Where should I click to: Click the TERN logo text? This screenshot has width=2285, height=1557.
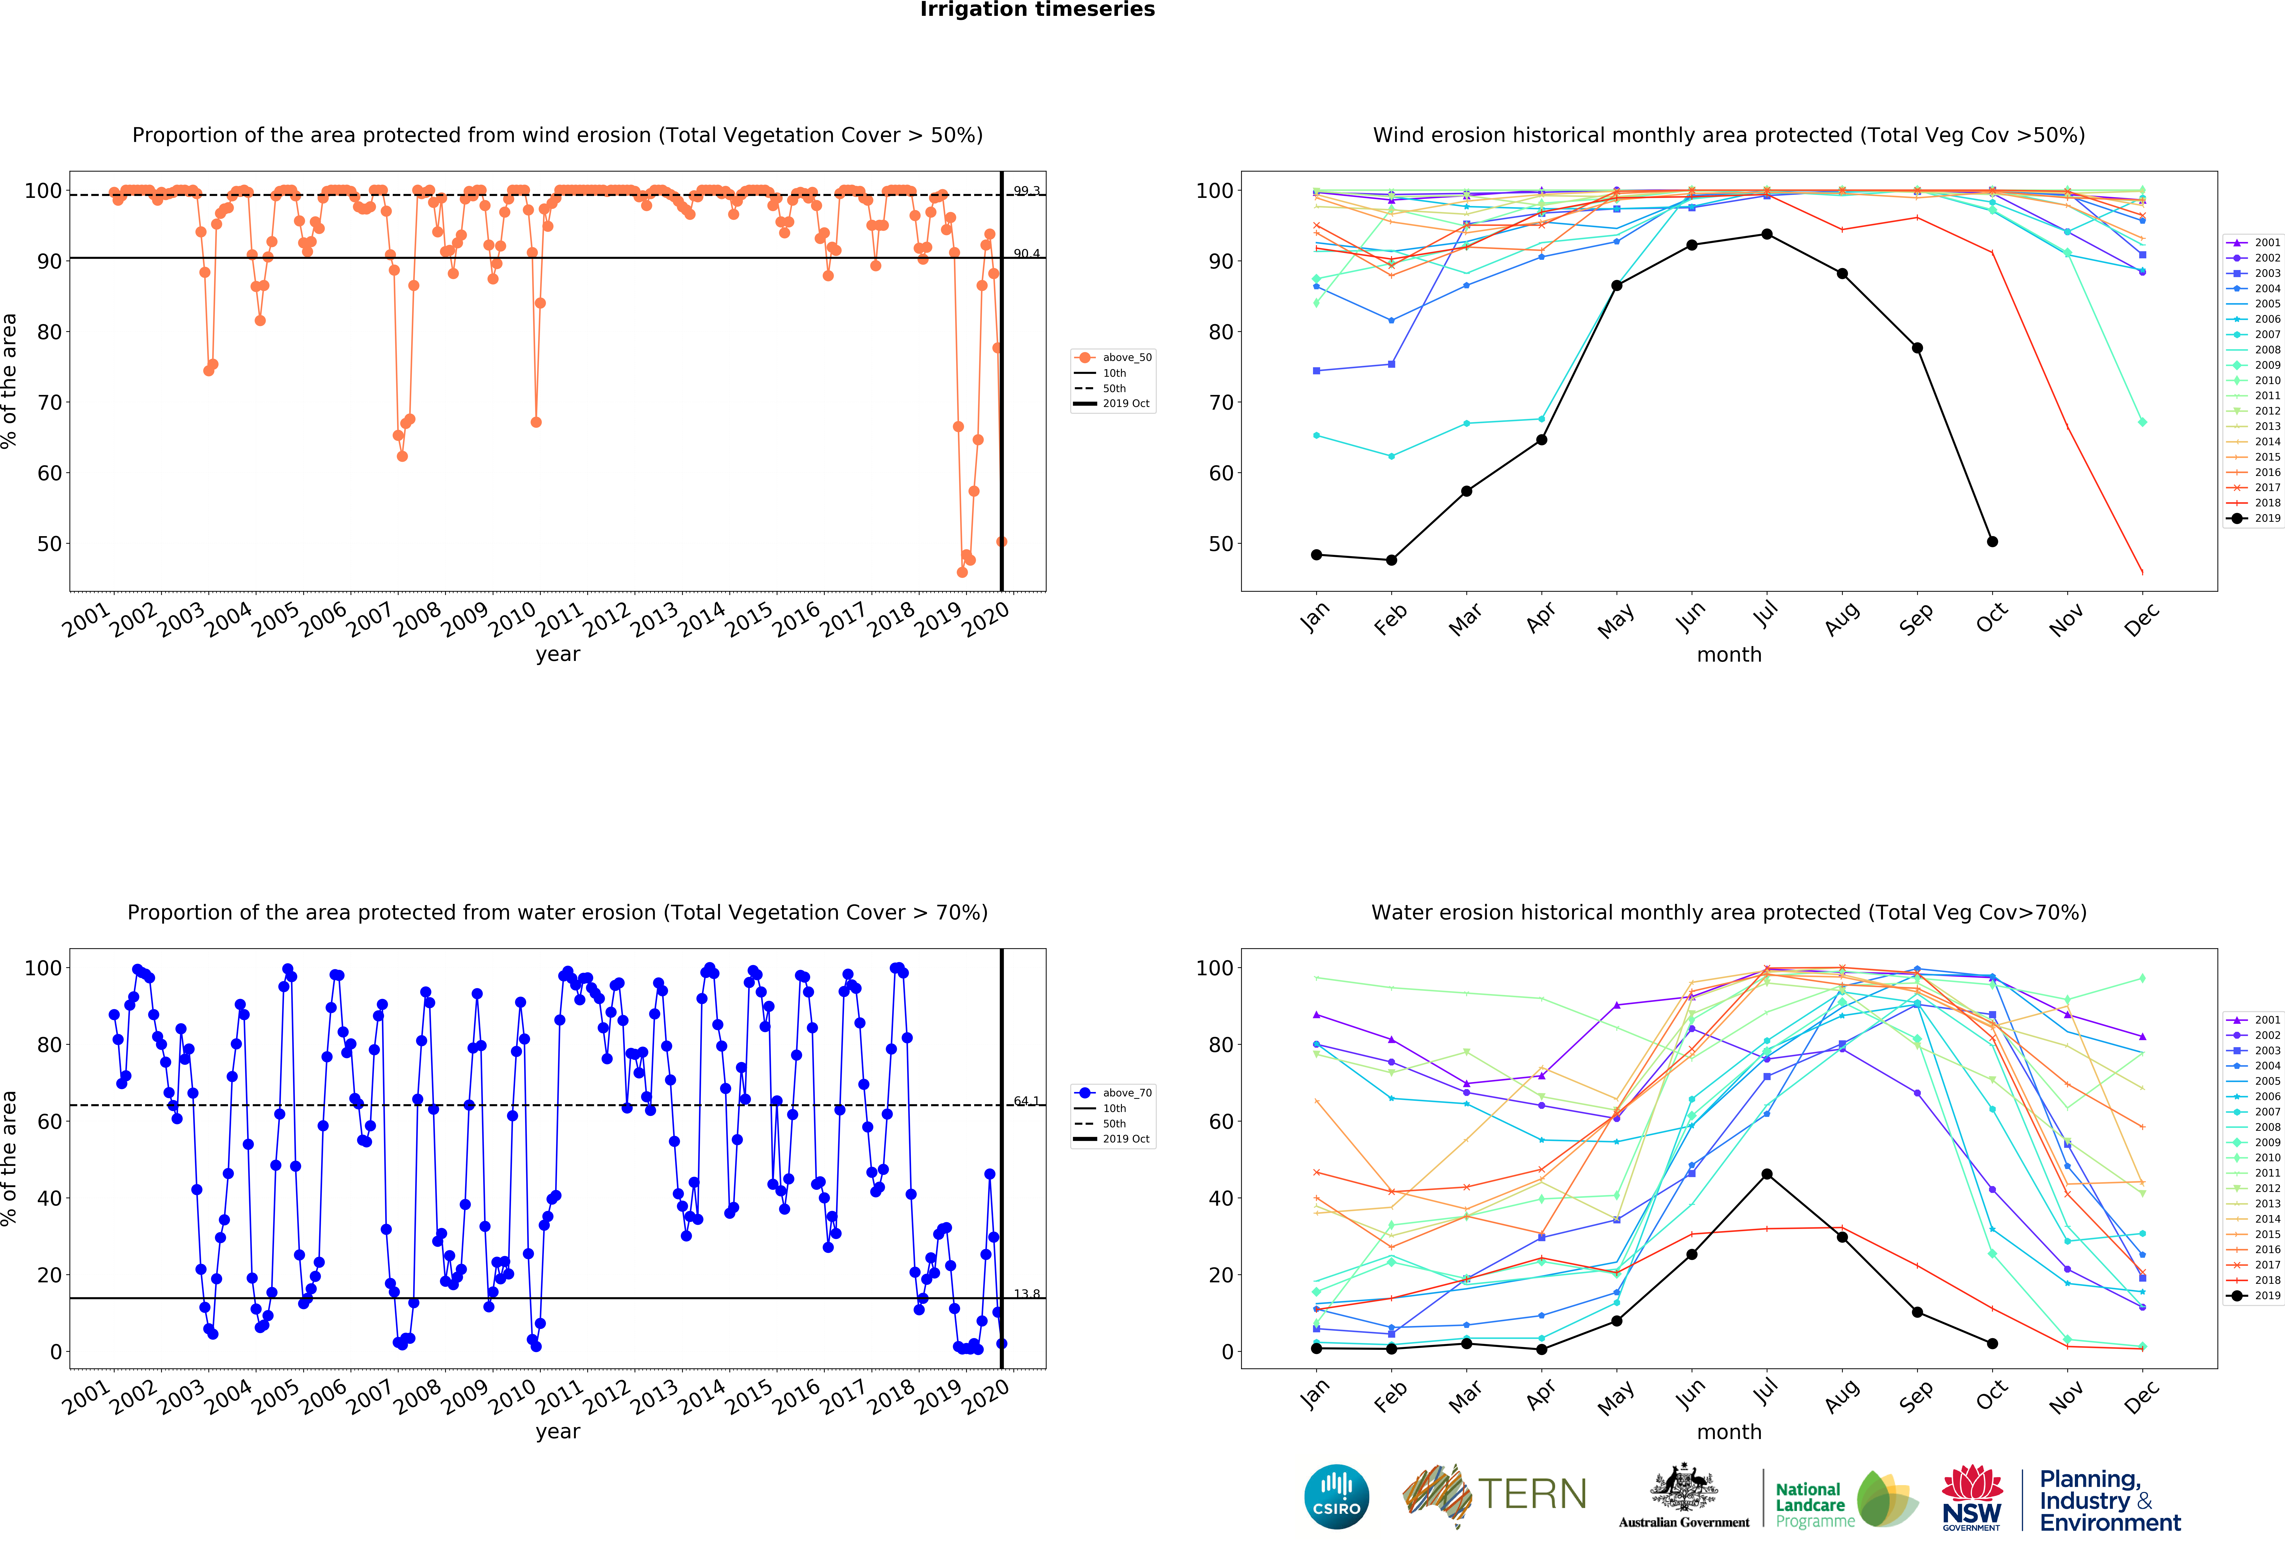point(1532,1494)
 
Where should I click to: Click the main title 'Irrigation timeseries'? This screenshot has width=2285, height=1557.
point(1037,10)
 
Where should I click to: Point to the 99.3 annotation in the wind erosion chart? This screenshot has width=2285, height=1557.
point(1027,191)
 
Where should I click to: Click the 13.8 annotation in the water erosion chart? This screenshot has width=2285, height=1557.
point(1027,1294)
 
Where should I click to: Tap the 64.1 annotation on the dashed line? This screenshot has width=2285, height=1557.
point(1027,1101)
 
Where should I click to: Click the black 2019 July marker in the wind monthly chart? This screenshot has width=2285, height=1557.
point(1767,234)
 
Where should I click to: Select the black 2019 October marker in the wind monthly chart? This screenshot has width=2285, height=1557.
point(1992,542)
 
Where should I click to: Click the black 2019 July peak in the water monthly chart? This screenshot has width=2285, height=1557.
point(1767,1174)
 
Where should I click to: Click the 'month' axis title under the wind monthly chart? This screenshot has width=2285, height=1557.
point(1728,655)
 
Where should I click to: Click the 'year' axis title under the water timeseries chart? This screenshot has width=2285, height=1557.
point(558,1431)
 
